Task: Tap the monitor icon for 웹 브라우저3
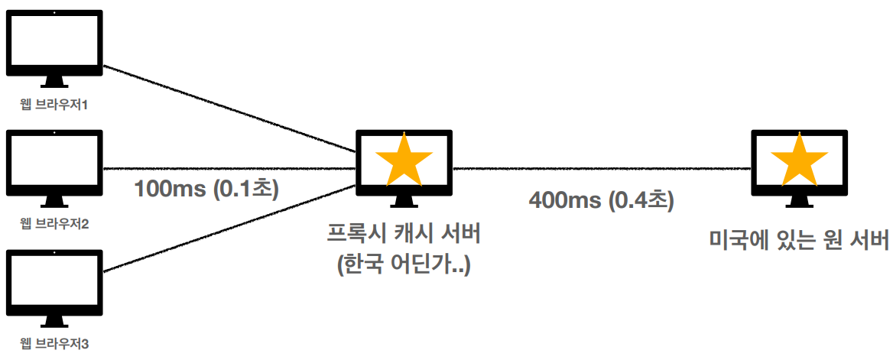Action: tap(54, 282)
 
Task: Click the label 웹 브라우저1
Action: tap(54, 104)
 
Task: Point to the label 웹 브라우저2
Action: tap(54, 224)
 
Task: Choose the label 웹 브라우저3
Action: tap(54, 343)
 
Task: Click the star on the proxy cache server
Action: tap(404, 160)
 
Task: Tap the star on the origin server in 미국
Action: tap(799, 160)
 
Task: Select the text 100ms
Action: tap(167, 188)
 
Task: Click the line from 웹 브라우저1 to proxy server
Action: tap(229, 107)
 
